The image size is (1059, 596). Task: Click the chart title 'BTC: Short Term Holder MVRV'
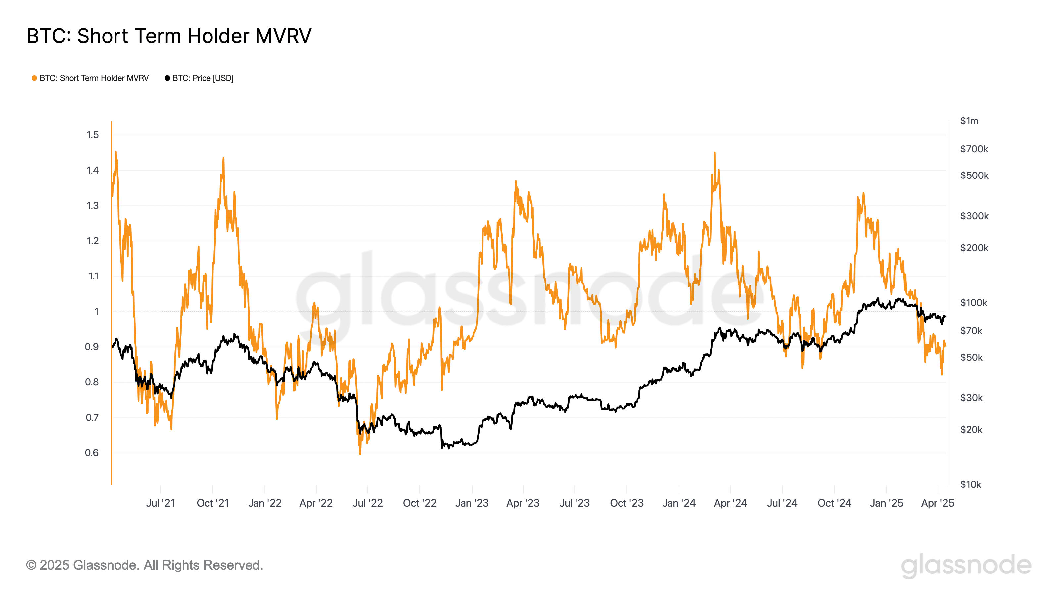169,36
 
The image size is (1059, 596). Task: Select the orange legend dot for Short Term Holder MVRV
34,78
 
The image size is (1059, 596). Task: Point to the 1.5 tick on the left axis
93,135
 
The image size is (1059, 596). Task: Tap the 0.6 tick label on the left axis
92,453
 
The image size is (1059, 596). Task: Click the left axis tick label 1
97,311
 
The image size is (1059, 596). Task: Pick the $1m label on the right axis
969,121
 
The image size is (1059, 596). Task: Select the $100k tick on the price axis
973,303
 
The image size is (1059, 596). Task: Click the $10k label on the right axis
970,484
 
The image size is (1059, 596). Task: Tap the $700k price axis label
974,149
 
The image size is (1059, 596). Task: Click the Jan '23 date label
472,503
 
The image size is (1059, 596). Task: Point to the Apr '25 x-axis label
937,503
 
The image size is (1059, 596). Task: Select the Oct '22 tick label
419,503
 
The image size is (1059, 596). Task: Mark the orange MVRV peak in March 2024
714,153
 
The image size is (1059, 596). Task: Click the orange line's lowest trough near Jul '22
360,454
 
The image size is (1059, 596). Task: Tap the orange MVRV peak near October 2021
223,158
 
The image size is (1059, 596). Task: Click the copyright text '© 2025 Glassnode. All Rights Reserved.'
145,565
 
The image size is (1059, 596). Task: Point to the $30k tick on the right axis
971,398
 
